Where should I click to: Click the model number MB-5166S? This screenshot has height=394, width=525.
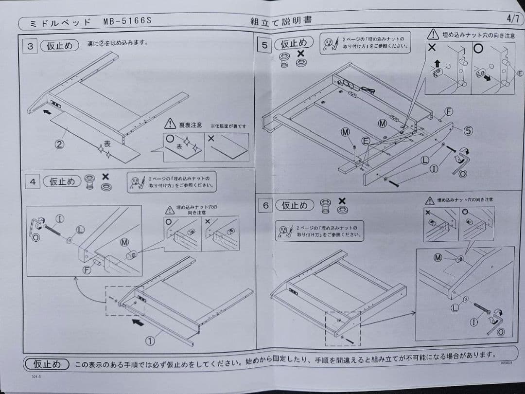(127, 21)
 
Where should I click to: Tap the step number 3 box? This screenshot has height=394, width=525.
(31, 47)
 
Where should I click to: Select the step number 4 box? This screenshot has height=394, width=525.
(33, 182)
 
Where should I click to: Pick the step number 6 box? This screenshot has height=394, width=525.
(266, 206)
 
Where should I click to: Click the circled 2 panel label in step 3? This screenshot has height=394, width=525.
(59, 144)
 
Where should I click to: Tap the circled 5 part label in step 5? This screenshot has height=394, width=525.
(468, 130)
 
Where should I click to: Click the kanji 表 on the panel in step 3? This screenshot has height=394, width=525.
(107, 144)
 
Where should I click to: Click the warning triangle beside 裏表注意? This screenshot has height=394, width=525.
(170, 125)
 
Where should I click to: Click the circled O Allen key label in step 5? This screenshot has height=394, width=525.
(462, 174)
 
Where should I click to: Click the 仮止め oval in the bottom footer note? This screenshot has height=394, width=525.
(47, 364)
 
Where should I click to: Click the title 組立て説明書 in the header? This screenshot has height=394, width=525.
(281, 21)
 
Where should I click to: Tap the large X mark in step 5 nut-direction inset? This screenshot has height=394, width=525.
(432, 48)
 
